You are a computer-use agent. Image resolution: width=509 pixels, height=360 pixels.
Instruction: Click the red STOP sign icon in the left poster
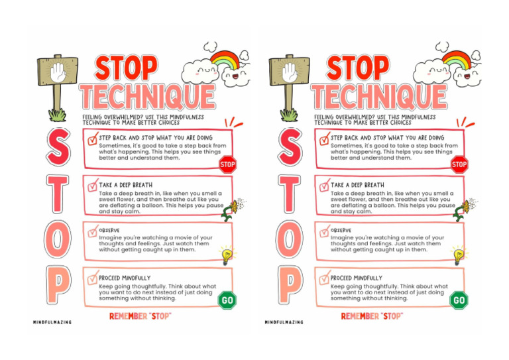227,164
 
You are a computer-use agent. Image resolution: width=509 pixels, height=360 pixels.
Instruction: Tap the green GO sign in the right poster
459,300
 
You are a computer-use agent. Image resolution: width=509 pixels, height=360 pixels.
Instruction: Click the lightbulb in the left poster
227,254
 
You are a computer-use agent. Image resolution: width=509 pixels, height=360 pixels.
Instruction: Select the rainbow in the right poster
457,62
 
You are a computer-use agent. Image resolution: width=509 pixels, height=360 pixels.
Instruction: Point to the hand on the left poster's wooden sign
59,74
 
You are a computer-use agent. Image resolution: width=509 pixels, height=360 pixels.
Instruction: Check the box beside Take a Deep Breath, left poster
92,186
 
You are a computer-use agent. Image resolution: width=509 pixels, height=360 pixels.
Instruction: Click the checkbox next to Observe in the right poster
324,231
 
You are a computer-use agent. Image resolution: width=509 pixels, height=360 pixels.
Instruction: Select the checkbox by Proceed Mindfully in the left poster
92,278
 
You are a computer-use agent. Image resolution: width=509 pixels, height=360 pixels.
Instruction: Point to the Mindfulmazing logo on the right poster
284,322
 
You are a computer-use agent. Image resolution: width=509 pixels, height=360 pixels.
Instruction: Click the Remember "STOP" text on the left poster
140,317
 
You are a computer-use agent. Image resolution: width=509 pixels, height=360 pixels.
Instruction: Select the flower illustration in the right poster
464,207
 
